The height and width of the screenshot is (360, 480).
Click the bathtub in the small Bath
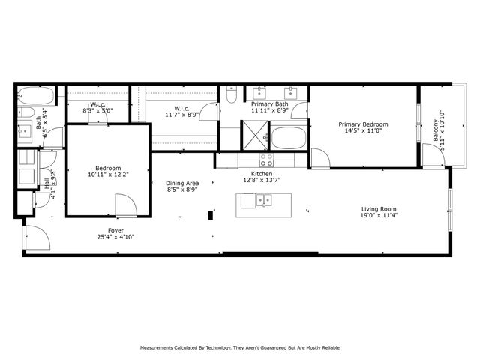coord(36,97)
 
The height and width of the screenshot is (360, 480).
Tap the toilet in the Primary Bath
coord(232,95)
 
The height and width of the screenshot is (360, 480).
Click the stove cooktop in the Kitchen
coord(266,160)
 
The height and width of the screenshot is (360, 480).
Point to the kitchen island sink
coord(262,199)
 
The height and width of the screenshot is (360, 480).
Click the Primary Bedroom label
coord(363,124)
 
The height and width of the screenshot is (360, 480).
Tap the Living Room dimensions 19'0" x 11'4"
coord(377,217)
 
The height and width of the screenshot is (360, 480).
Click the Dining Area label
coord(182,184)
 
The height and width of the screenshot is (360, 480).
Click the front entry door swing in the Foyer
coord(37,238)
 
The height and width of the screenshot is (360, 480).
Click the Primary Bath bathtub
coord(288,138)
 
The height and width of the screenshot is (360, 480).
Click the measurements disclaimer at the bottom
coord(239,347)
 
